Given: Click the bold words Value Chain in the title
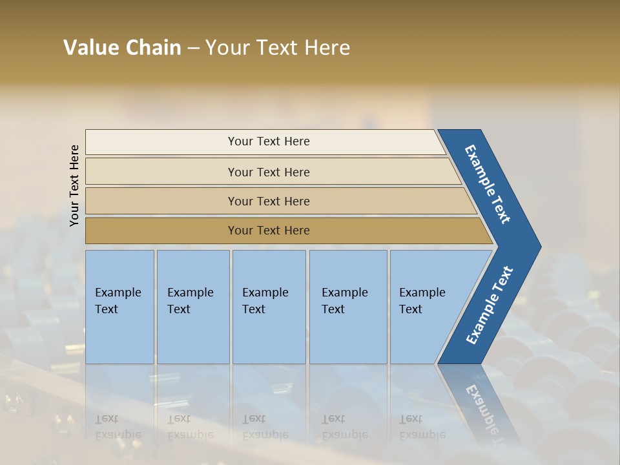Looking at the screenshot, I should click(x=122, y=48).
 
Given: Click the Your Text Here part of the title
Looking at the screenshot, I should click(x=278, y=48).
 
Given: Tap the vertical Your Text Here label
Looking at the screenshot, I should click(x=74, y=185).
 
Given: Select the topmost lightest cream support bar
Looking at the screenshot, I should click(x=161, y=142).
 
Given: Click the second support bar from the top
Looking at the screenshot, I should click(x=161, y=172).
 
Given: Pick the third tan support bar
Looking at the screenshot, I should click(x=161, y=201).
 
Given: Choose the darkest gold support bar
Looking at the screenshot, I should click(x=161, y=231).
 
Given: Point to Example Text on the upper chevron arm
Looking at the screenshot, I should click(x=488, y=184).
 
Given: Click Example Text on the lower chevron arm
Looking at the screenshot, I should click(x=489, y=305).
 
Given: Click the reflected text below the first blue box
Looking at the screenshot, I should click(x=118, y=427).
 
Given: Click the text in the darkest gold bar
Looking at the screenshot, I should click(x=269, y=231).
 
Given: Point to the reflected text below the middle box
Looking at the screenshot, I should click(x=265, y=427).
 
